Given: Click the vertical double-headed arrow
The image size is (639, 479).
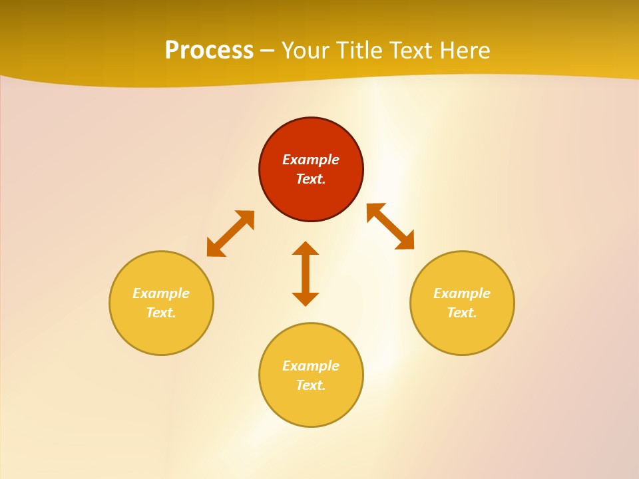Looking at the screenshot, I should [x=306, y=274].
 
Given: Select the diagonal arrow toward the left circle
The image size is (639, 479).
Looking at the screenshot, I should [x=230, y=234].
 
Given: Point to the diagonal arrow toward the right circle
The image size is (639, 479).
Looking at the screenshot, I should [x=391, y=226].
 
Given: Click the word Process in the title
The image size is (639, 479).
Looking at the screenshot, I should [x=209, y=51].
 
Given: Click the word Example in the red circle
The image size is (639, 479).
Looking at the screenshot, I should [x=311, y=160].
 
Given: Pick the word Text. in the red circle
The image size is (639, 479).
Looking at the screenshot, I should [x=311, y=179].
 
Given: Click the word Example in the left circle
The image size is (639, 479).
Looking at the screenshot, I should [x=161, y=293].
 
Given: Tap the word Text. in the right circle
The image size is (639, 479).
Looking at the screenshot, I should [x=462, y=313].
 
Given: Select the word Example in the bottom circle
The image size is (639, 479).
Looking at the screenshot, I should [x=311, y=366].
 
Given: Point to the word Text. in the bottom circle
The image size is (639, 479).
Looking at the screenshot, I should [x=311, y=385].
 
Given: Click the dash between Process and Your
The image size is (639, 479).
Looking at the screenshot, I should [x=268, y=51].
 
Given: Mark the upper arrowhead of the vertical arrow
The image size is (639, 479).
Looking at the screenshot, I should [x=306, y=249].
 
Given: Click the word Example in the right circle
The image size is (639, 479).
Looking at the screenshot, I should [x=462, y=293].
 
